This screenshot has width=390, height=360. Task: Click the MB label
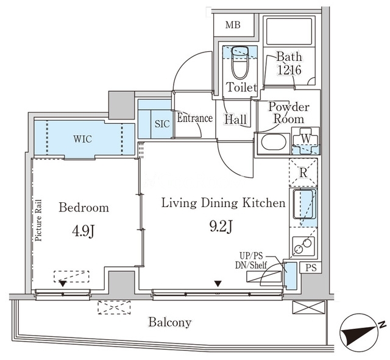click(x=233, y=25)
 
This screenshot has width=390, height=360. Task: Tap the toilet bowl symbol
click(x=240, y=62)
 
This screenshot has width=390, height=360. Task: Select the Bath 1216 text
click(x=289, y=63)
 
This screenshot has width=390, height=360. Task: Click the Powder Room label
click(x=289, y=113)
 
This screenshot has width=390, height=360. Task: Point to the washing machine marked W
click(x=305, y=141)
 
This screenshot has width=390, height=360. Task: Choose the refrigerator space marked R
click(x=303, y=172)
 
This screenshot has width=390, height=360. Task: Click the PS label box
click(x=311, y=267)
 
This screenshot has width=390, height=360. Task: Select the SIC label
click(x=162, y=124)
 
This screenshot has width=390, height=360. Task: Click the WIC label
click(x=83, y=139)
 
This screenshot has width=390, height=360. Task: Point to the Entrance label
click(x=195, y=118)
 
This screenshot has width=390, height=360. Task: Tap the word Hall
click(x=236, y=119)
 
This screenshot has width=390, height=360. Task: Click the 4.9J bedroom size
click(x=83, y=231)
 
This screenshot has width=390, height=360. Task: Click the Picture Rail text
click(x=38, y=221)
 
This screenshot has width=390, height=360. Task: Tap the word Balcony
click(x=170, y=322)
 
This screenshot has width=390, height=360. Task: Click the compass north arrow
click(x=360, y=331)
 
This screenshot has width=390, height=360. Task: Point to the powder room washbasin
click(x=272, y=142)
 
